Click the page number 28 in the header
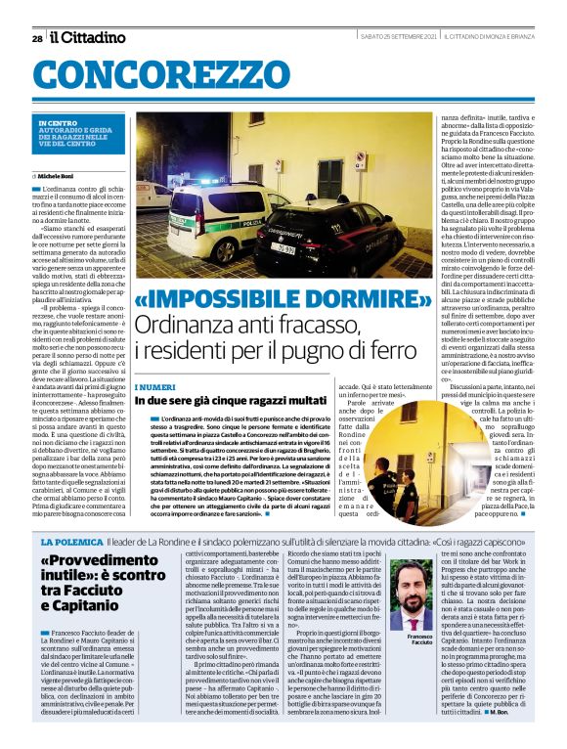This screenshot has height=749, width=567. [x=37, y=38]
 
